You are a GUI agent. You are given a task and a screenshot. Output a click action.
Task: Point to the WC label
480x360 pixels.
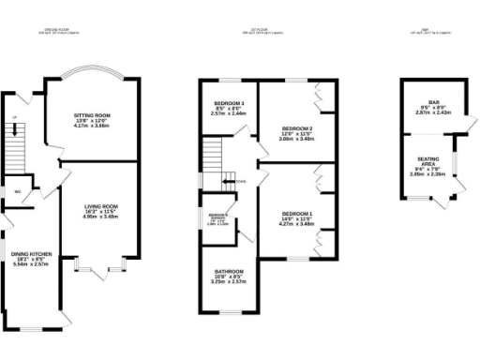coord(18,191)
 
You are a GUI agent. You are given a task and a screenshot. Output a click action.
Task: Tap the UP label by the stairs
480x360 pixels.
coord(14,118)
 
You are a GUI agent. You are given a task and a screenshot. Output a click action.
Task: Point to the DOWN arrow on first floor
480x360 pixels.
coord(241,181)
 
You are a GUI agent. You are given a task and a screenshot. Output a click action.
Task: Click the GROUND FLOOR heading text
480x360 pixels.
coord(58,30)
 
